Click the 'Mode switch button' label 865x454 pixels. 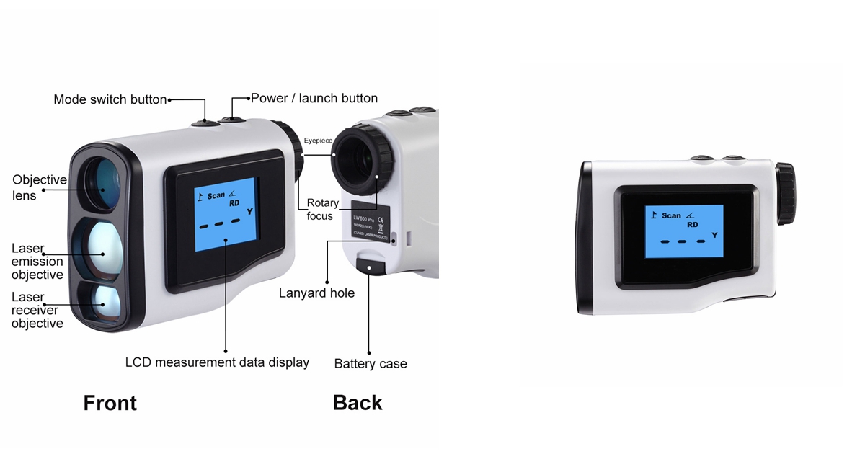click(x=110, y=99)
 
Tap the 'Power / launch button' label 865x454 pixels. click(x=314, y=98)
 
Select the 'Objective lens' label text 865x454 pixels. click(x=40, y=187)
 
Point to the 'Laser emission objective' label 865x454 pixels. click(x=37, y=261)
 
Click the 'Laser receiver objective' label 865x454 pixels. click(x=37, y=310)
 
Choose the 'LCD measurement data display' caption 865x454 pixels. click(x=217, y=362)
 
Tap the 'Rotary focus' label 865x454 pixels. click(x=321, y=209)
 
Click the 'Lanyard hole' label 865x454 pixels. click(x=317, y=293)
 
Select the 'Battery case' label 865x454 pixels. click(x=371, y=364)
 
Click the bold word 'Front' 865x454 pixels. click(x=110, y=403)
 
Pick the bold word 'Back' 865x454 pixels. click(x=358, y=403)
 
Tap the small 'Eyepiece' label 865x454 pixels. click(x=317, y=141)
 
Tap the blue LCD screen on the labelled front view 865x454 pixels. click(x=226, y=214)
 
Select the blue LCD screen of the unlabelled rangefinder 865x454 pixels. click(x=683, y=231)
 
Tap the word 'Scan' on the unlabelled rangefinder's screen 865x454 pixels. click(x=671, y=215)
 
